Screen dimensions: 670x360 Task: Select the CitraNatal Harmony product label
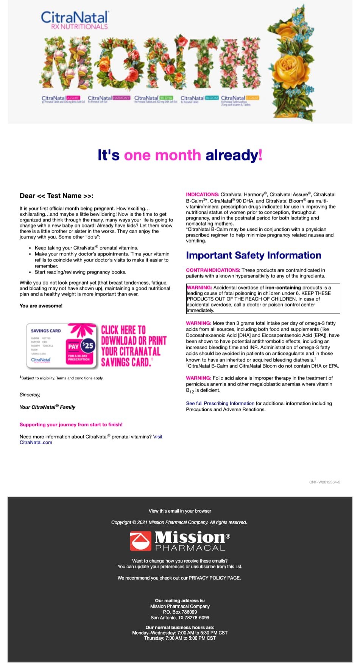[x=109, y=98]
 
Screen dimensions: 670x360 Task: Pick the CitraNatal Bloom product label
[x=199, y=98]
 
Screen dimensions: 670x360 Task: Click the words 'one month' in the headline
[x=162, y=155]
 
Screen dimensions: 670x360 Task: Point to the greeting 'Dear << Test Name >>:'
[x=56, y=196]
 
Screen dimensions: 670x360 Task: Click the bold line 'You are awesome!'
[x=41, y=306]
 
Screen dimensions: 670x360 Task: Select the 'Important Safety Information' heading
[x=253, y=255]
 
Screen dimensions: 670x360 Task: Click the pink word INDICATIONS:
[x=203, y=194]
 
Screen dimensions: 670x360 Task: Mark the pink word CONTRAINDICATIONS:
[x=213, y=270]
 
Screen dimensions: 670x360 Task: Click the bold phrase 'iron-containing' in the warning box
[x=283, y=288]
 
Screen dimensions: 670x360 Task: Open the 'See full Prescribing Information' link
[x=220, y=403]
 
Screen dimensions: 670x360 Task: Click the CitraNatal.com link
[x=36, y=442]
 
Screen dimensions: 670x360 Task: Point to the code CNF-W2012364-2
[x=324, y=482]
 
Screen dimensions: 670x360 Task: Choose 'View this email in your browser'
[x=180, y=511]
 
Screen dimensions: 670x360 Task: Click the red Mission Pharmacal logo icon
[x=140, y=541]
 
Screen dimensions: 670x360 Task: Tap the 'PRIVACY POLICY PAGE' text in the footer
[x=214, y=578]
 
